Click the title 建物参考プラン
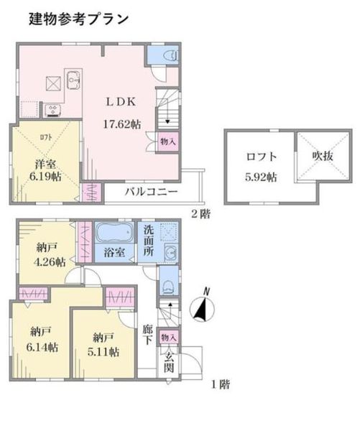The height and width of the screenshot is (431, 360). click(x=78, y=19)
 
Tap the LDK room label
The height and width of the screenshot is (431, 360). click(x=121, y=102)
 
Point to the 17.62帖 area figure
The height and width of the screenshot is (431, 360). click(x=122, y=124)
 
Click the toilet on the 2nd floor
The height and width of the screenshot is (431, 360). click(x=170, y=56)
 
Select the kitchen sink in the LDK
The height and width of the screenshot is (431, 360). click(x=73, y=80)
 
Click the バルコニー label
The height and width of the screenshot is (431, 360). click(x=151, y=192)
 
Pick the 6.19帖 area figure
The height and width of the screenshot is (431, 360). click(x=45, y=177)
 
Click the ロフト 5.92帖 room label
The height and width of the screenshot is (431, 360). click(x=261, y=167)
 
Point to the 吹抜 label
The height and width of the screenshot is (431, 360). click(x=323, y=156)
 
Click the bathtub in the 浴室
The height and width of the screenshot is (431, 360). click(x=114, y=233)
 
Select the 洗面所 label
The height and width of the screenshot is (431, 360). click(x=149, y=241)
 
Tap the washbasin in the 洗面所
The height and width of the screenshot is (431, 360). click(x=171, y=252)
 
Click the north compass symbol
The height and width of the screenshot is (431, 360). click(x=203, y=305)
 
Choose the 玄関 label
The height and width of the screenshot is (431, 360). click(x=169, y=362)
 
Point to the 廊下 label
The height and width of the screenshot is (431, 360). click(x=147, y=335)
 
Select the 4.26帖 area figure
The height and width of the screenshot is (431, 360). click(x=50, y=262)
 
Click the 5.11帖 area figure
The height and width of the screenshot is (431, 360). click(x=103, y=351)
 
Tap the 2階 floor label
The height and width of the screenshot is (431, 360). click(x=200, y=214)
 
